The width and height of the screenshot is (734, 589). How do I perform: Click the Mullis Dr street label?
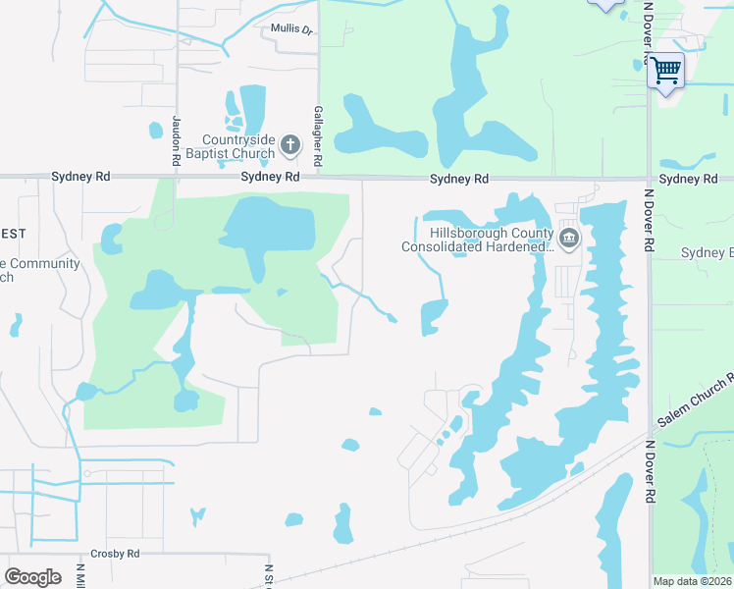(x=291, y=29)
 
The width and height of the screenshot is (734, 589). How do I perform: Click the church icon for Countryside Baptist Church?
(x=289, y=145)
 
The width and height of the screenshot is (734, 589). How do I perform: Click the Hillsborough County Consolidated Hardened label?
(x=478, y=240)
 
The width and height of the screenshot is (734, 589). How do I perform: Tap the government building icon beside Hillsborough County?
(x=568, y=239)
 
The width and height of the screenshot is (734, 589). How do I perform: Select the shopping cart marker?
(x=665, y=71)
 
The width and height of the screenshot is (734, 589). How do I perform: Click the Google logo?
(x=32, y=577)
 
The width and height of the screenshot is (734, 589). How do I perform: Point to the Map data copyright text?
(x=692, y=581)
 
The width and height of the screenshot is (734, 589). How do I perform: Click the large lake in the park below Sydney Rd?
(x=269, y=227)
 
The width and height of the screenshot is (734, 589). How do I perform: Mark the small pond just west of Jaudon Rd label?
(x=155, y=129)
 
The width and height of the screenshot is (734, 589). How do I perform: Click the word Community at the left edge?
(x=44, y=264)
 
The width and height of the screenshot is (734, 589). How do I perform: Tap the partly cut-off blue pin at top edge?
(x=605, y=4)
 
